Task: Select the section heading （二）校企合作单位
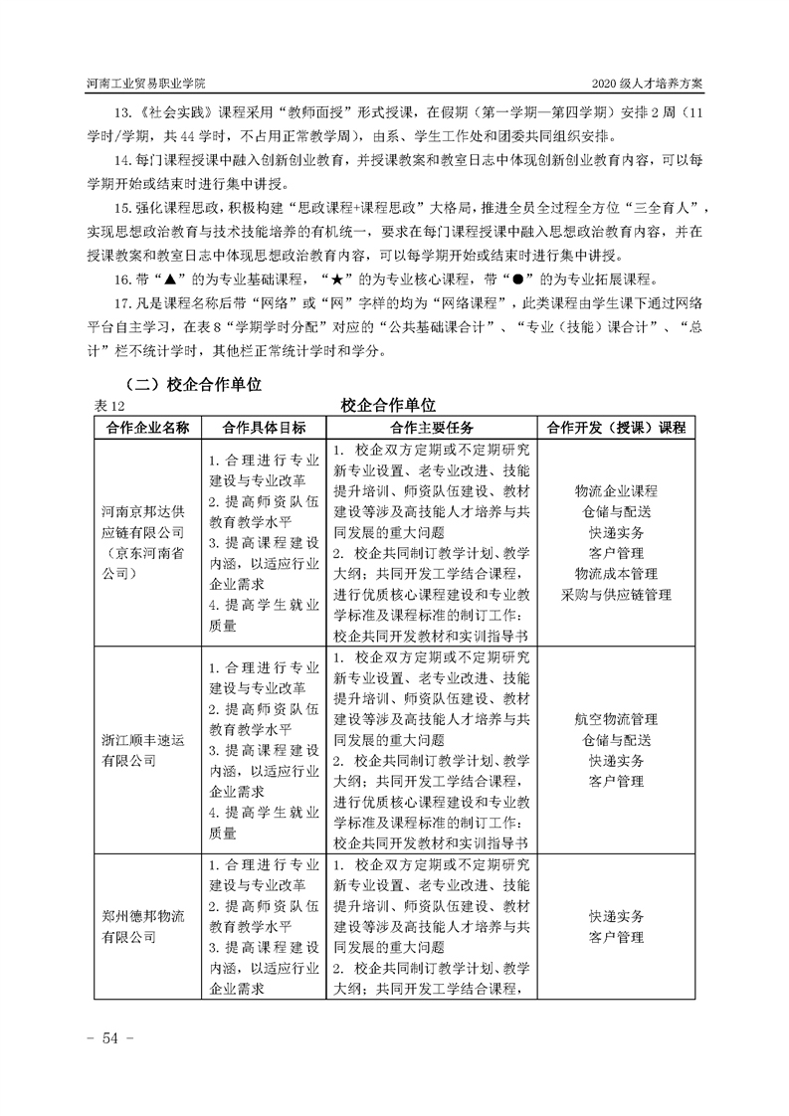(x=190, y=382)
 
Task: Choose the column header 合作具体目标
(x=264, y=427)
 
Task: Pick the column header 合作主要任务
(x=432, y=427)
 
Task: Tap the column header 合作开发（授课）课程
(x=616, y=427)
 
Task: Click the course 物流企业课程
(x=616, y=491)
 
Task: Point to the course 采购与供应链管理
(x=616, y=595)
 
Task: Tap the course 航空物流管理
(x=616, y=719)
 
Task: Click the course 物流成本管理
(x=616, y=574)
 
